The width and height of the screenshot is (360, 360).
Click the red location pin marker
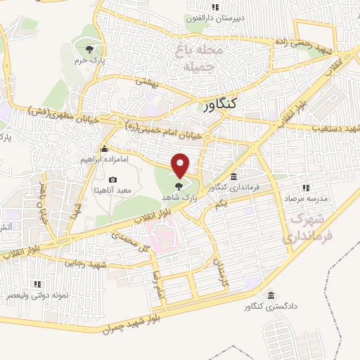(x=181, y=165)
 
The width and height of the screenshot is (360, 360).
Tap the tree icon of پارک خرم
(x=89, y=49)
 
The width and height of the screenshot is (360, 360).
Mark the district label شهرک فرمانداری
(x=306, y=229)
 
